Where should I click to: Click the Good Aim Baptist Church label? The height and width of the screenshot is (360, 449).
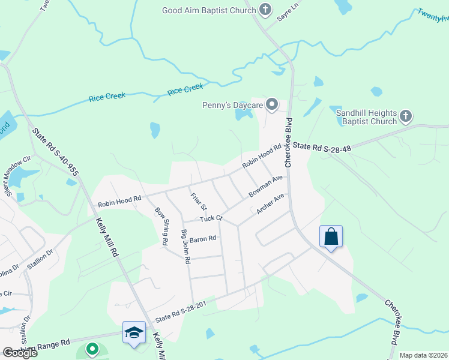click(209, 10)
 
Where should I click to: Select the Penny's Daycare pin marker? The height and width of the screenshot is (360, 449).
click(272, 106)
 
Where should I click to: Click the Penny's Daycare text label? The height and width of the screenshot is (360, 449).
click(233, 106)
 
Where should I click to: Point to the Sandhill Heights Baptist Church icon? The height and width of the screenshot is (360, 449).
click(406, 115)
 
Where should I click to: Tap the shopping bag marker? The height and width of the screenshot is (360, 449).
click(331, 237)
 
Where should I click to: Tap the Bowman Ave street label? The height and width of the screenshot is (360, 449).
click(265, 187)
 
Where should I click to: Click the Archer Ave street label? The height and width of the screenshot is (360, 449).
click(270, 204)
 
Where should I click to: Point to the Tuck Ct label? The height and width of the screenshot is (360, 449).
click(211, 218)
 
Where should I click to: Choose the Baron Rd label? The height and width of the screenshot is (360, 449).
click(203, 239)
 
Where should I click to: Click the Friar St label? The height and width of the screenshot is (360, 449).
click(199, 201)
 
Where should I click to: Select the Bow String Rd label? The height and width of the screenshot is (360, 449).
click(161, 227)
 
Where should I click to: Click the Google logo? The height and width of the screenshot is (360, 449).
click(20, 352)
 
